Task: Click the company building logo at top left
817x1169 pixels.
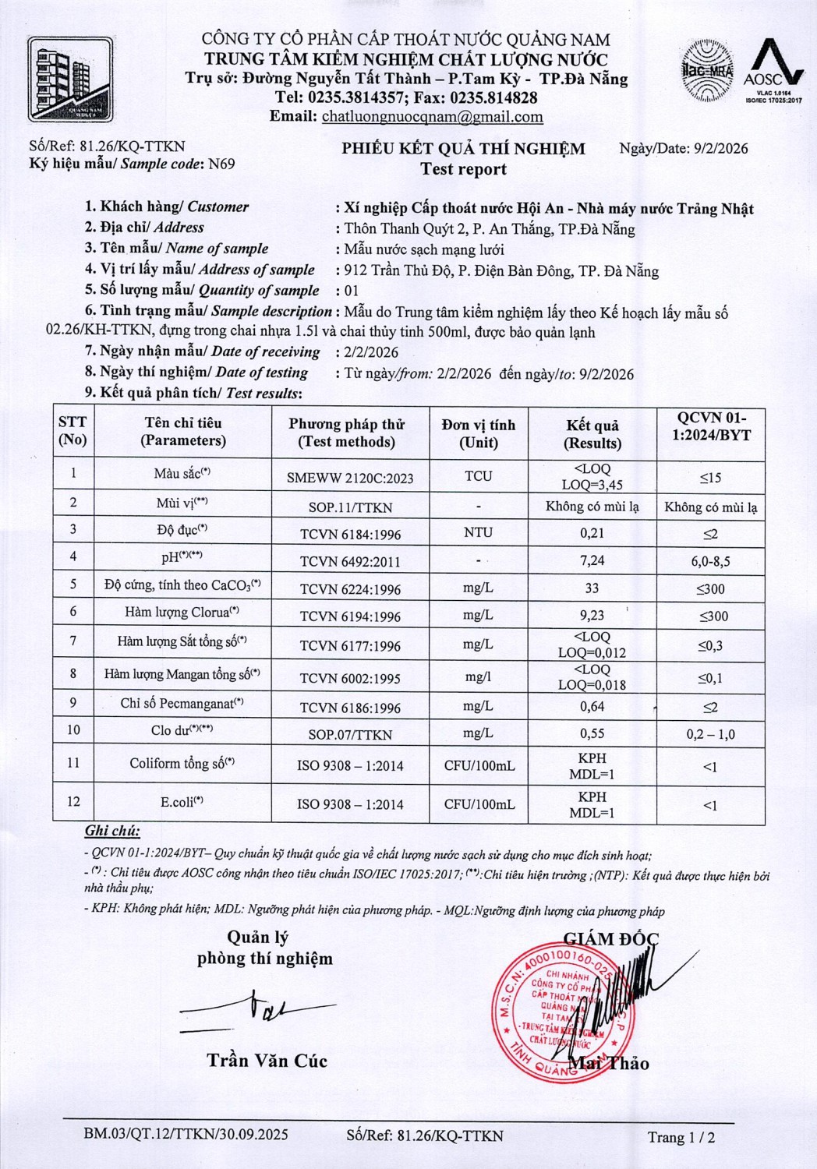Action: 70,80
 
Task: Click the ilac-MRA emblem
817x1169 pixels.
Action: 706,71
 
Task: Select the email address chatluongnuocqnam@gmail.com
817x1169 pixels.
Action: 432,117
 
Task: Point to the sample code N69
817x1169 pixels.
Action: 221,164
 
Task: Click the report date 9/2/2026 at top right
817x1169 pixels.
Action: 720,148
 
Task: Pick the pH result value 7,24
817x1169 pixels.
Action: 592,560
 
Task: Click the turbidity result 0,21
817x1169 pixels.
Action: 592,533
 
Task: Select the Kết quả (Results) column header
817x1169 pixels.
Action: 592,434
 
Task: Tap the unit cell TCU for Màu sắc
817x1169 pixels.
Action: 479,476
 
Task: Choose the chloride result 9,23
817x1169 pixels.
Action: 592,614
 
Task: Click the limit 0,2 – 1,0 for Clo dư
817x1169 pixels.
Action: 710,734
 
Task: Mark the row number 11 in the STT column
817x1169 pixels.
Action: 73,762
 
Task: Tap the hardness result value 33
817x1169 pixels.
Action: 592,588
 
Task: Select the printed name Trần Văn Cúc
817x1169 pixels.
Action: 267,1060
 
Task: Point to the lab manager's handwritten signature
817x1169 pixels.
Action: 253,1009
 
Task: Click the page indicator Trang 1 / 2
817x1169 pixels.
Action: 681,1137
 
